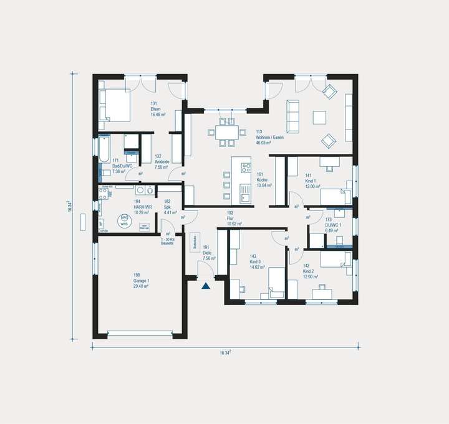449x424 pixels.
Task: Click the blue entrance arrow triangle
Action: click(205, 286)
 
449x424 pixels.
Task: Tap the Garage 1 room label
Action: click(140, 281)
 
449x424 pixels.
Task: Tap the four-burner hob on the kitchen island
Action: click(245, 167)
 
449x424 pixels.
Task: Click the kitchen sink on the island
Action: click(245, 198)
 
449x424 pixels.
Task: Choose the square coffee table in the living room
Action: click(320, 117)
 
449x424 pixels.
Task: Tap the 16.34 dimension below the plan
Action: click(226, 352)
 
